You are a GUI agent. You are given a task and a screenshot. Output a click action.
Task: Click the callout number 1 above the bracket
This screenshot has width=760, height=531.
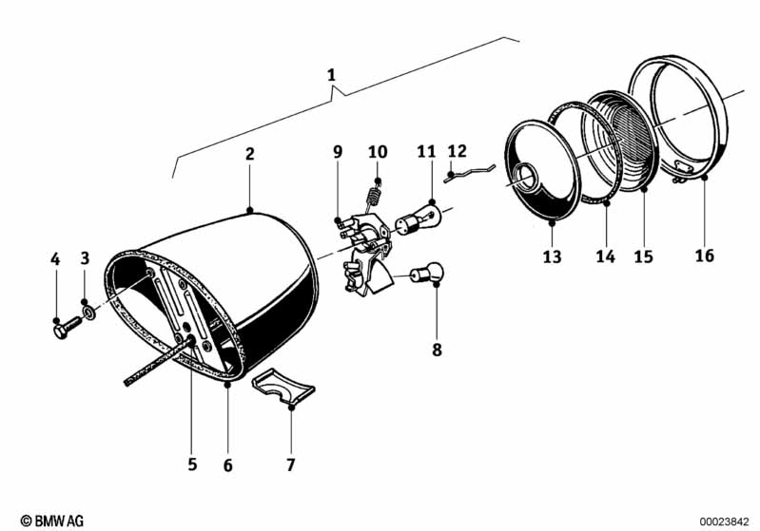click(331, 74)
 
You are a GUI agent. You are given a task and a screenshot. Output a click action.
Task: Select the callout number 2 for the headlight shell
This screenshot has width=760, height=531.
click(249, 153)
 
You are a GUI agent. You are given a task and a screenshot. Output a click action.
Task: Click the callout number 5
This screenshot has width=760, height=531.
click(192, 464)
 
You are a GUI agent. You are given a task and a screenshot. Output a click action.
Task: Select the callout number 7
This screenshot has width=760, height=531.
click(290, 465)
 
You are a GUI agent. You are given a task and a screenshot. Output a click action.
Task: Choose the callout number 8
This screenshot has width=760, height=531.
click(437, 350)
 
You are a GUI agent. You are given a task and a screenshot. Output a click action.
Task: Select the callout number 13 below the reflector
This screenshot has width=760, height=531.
click(553, 256)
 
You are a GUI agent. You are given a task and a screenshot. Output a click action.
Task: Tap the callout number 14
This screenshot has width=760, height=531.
click(606, 256)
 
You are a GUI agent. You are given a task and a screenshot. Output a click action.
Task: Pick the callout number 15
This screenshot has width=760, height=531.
click(645, 256)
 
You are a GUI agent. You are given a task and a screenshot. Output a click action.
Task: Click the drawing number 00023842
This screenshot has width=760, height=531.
click(726, 521)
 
